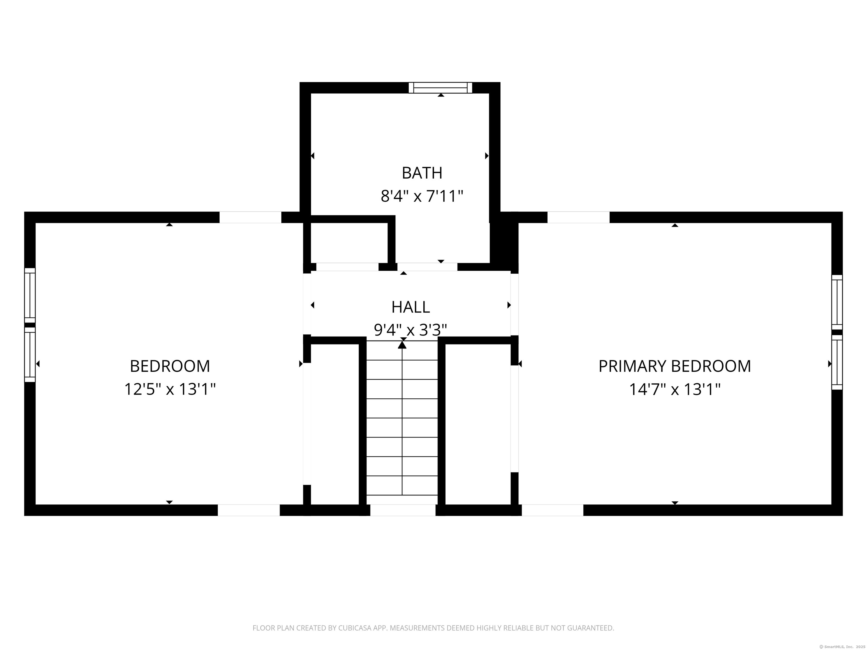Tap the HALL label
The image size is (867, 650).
pyautogui.click(x=410, y=307)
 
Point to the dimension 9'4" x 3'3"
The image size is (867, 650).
pyautogui.click(x=410, y=330)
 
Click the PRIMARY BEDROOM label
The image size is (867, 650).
pyautogui.click(x=674, y=366)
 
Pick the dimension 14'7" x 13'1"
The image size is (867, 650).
pyautogui.click(x=674, y=389)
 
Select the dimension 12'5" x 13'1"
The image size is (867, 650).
pyautogui.click(x=170, y=389)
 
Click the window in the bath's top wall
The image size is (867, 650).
pyautogui.click(x=440, y=88)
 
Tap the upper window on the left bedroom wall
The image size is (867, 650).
pyautogui.click(x=30, y=295)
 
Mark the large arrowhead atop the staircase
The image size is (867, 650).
pyautogui.click(x=402, y=345)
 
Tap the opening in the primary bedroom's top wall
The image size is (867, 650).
pyautogui.click(x=578, y=218)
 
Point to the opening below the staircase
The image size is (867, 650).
pyautogui.click(x=402, y=510)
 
